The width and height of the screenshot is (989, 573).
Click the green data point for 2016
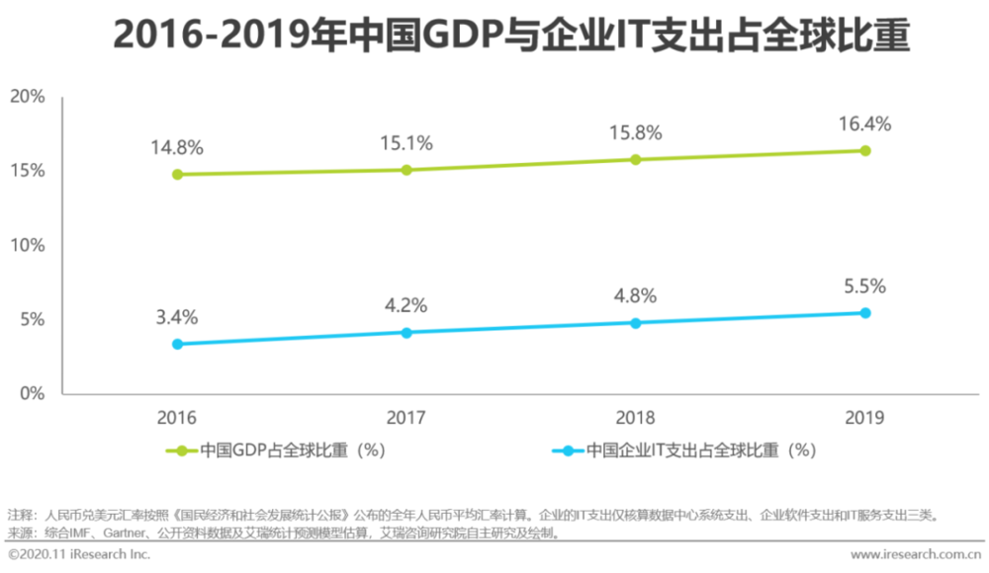177,175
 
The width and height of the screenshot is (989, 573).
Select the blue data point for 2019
864,313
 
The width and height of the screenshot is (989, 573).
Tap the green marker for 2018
636,159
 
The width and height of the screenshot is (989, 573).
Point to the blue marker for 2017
406,333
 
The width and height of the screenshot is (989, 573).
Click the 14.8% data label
177,148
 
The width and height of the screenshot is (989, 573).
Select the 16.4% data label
864,124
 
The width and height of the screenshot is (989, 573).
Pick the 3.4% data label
177,317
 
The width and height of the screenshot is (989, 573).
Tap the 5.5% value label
864,286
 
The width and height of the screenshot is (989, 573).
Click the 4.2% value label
406,305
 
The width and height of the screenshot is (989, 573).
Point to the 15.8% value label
636,132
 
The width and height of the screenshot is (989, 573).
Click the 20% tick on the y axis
28,97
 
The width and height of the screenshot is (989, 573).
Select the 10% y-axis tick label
28,245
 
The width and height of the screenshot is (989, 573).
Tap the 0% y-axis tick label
33,393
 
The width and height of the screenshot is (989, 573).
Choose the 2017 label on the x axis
406,417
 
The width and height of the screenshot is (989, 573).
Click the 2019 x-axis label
864,417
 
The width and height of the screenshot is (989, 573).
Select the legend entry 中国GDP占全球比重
276,450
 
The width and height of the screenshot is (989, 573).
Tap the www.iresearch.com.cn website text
916,555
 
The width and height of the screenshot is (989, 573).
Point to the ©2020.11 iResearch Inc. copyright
79,555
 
